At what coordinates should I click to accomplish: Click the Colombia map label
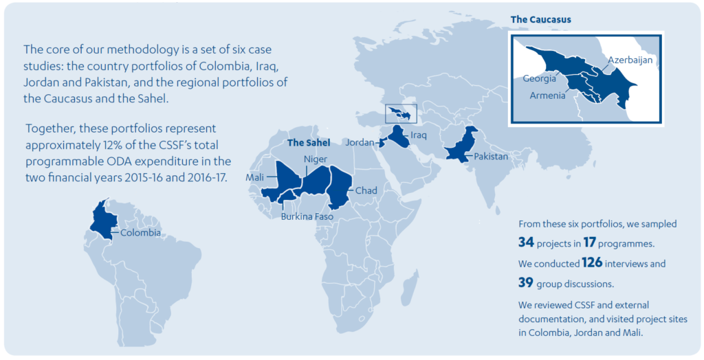click(x=141, y=232)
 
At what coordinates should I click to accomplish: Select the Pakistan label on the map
click(x=491, y=157)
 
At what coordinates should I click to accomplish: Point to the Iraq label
click(x=419, y=135)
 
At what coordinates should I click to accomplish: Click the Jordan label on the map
click(x=360, y=142)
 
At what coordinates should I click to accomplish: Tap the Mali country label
click(x=255, y=178)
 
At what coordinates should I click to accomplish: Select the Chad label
click(x=364, y=190)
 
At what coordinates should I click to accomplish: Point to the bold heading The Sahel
click(x=309, y=143)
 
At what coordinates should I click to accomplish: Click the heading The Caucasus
click(x=540, y=19)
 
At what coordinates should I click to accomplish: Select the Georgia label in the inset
click(x=540, y=78)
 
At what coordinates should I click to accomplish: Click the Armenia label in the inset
click(x=547, y=95)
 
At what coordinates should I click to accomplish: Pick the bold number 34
click(x=527, y=242)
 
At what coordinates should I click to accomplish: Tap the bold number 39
click(x=527, y=282)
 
